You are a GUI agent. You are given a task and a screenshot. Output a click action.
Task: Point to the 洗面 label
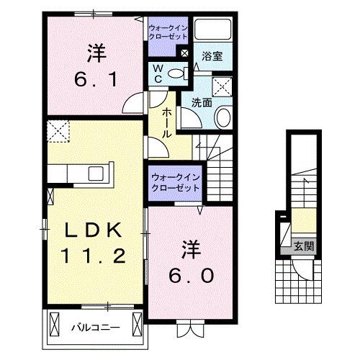(x=202, y=103)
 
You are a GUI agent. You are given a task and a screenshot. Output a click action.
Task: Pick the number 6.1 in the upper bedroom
(x=96, y=78)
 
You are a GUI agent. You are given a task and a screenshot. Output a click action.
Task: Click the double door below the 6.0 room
(x=186, y=330)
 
